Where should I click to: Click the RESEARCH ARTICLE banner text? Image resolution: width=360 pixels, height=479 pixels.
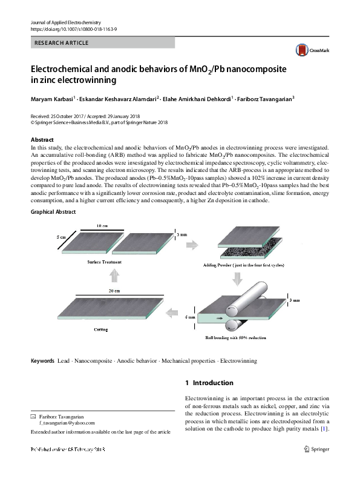pyautogui.click(x=62, y=43)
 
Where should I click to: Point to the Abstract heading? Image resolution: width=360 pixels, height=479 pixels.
pyautogui.click(x=42, y=139)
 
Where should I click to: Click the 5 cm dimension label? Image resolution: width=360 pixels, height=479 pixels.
pyautogui.click(x=61, y=237)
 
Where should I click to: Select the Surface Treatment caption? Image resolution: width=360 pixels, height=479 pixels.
pyautogui.click(x=104, y=262)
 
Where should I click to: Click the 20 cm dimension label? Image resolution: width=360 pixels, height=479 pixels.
pyautogui.click(x=114, y=291)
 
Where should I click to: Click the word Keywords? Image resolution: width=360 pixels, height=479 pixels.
pyautogui.click(x=42, y=361)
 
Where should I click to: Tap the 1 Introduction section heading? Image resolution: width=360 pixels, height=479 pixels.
pyautogui.click(x=208, y=383)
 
